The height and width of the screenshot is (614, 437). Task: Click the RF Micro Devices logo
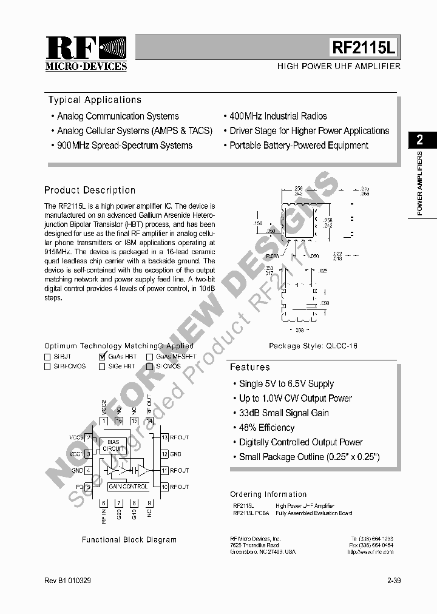click(86, 53)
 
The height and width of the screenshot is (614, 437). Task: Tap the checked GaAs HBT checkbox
click(102, 357)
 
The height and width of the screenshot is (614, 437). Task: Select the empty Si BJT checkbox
click(47, 357)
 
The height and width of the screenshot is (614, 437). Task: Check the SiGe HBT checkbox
click(101, 366)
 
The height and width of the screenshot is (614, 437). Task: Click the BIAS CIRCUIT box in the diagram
click(113, 445)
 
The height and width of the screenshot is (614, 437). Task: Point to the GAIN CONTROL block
click(128, 487)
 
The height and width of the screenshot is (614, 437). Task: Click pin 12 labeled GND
click(164, 454)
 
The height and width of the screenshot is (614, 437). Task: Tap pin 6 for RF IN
click(104, 503)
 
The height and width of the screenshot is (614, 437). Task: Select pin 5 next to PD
click(89, 487)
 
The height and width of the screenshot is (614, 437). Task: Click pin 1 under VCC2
click(104, 420)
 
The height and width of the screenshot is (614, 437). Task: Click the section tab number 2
click(419, 140)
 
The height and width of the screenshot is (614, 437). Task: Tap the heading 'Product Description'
click(90, 191)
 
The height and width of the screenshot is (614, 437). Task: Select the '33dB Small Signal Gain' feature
click(283, 413)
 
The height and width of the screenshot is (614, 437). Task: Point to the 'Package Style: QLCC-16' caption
click(313, 346)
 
